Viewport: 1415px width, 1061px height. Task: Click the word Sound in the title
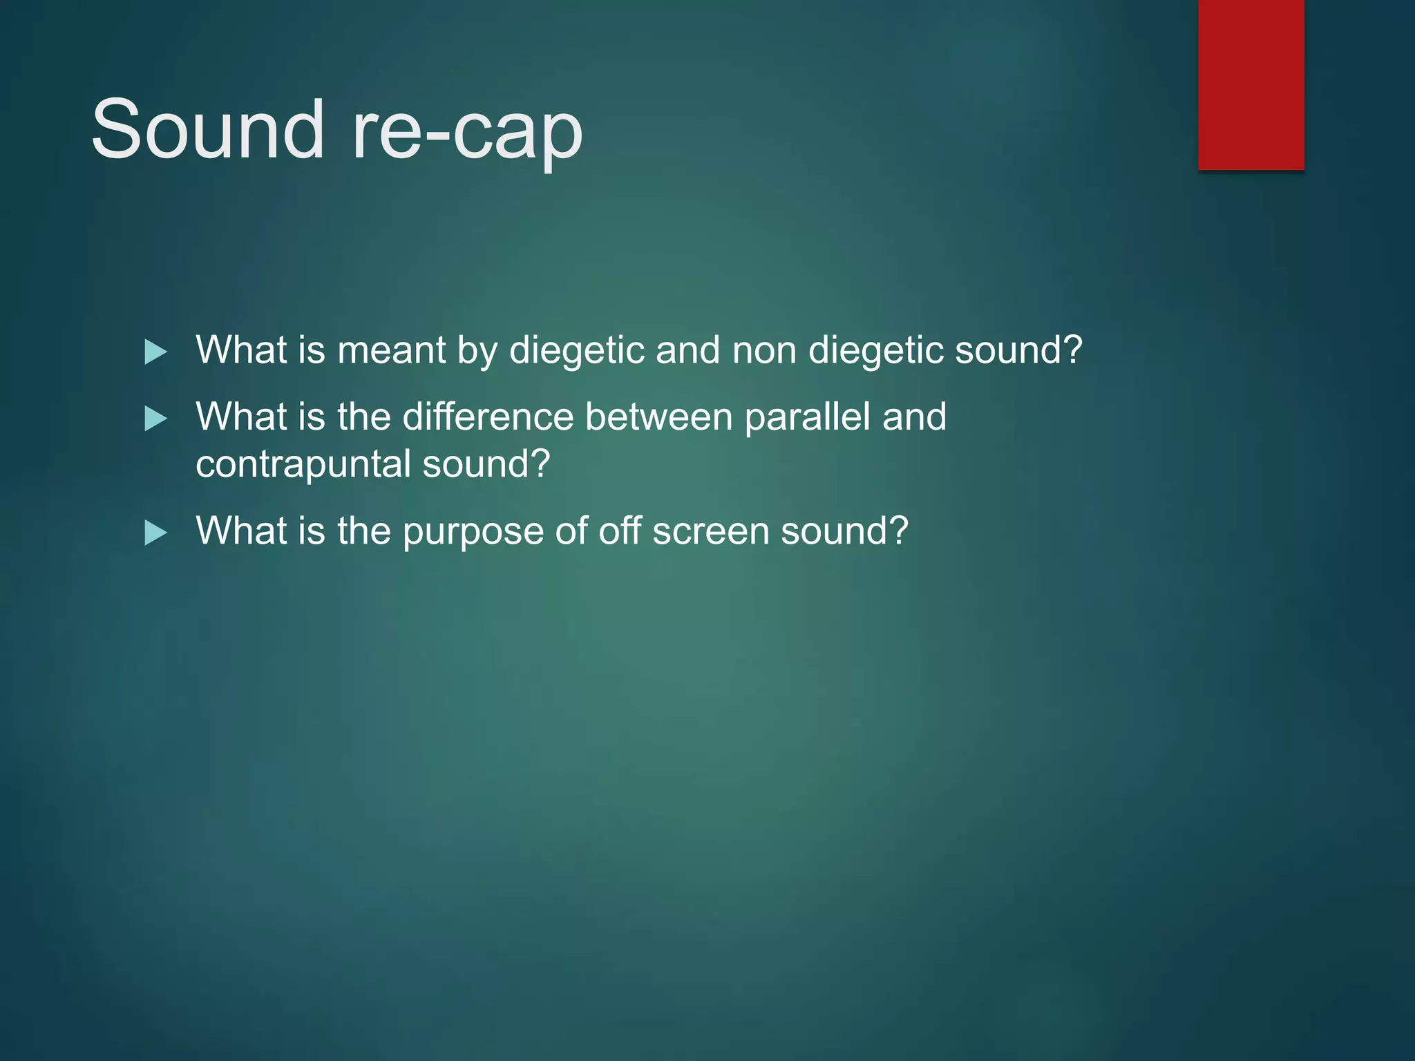(207, 129)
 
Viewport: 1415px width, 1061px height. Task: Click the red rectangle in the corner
(1251, 84)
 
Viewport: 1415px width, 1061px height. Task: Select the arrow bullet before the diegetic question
(155, 352)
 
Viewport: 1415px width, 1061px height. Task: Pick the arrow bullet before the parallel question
(155, 419)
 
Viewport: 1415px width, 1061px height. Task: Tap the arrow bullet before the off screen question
(155, 533)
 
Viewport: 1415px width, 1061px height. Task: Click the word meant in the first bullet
(391, 350)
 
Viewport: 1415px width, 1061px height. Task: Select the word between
(658, 417)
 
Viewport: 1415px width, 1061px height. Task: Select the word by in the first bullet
(477, 350)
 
